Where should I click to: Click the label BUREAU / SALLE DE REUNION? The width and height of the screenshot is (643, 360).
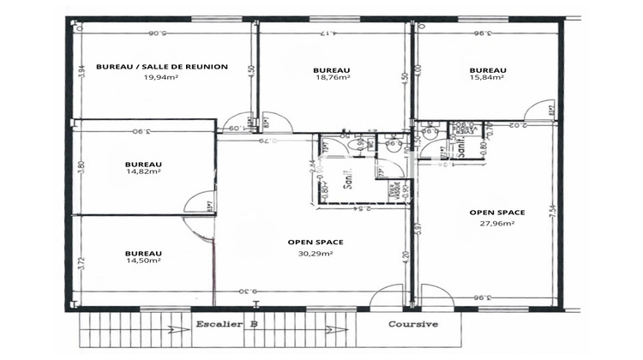tap(161, 66)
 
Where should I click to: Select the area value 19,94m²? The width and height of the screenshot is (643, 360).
tap(161, 76)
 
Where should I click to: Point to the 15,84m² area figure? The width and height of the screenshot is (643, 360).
tap(486, 76)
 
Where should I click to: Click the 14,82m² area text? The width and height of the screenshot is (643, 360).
tap(143, 171)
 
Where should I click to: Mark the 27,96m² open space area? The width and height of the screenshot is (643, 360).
tap(497, 223)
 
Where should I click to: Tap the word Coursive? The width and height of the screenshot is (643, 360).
tap(413, 325)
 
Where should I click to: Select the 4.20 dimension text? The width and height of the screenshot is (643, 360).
tap(406, 254)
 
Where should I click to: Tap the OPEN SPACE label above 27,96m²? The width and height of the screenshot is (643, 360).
tap(497, 212)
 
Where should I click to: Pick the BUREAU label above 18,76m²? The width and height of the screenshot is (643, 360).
tap(331, 69)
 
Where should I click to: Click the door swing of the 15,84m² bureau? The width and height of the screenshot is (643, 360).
tap(539, 111)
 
